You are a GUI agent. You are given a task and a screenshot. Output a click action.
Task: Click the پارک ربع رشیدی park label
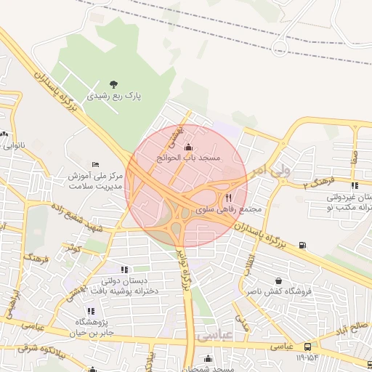[114, 95]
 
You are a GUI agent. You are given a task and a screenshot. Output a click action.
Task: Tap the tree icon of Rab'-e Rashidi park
[113, 84]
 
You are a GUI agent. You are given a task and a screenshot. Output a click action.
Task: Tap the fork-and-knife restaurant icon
[229, 198]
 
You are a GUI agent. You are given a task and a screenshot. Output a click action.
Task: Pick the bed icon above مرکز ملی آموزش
[95, 164]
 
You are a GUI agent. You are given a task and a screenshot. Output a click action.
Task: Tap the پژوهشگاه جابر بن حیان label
[93, 328]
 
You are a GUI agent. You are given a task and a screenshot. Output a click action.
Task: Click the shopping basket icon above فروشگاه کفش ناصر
[278, 280]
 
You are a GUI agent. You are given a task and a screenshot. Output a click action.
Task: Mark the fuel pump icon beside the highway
[302, 245]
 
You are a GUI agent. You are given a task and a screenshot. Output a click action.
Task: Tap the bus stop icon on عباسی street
[309, 347]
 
